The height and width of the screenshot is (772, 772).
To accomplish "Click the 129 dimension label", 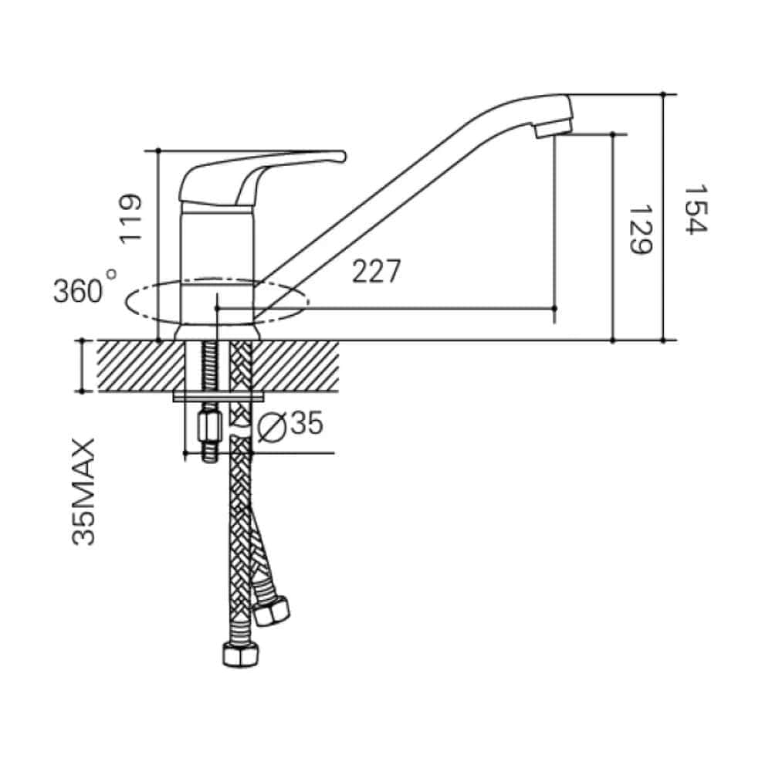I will pyautogui.click(x=639, y=230).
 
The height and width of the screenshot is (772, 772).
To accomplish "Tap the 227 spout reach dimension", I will pyautogui.click(x=377, y=271).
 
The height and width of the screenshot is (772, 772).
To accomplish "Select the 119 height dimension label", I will pyautogui.click(x=132, y=219).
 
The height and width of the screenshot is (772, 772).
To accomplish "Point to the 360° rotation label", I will pyautogui.click(x=84, y=290).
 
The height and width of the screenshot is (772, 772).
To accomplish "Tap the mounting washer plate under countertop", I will pyautogui.click(x=220, y=397).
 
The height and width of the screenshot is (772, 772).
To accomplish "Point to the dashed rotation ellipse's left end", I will pyautogui.click(x=126, y=300).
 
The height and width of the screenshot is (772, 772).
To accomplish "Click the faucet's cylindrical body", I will pyautogui.click(x=218, y=262).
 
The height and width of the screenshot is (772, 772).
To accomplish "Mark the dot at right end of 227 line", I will pyautogui.click(x=555, y=308).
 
